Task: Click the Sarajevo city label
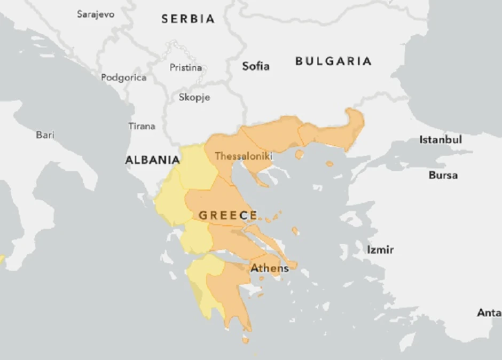(96, 14)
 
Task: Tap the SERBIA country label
(188, 19)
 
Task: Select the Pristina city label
(186, 68)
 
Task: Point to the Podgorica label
(123, 77)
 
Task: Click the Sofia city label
(256, 66)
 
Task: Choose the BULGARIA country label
(333, 61)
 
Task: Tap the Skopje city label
(194, 97)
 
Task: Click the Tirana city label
(142, 126)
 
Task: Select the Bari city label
(45, 135)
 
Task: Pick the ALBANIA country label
(152, 160)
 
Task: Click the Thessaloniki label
(244, 156)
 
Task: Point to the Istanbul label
(441, 140)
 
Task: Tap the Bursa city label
(443, 175)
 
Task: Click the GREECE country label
(228, 215)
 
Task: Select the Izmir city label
(380, 249)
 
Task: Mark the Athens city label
(270, 268)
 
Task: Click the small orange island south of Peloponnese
(245, 339)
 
